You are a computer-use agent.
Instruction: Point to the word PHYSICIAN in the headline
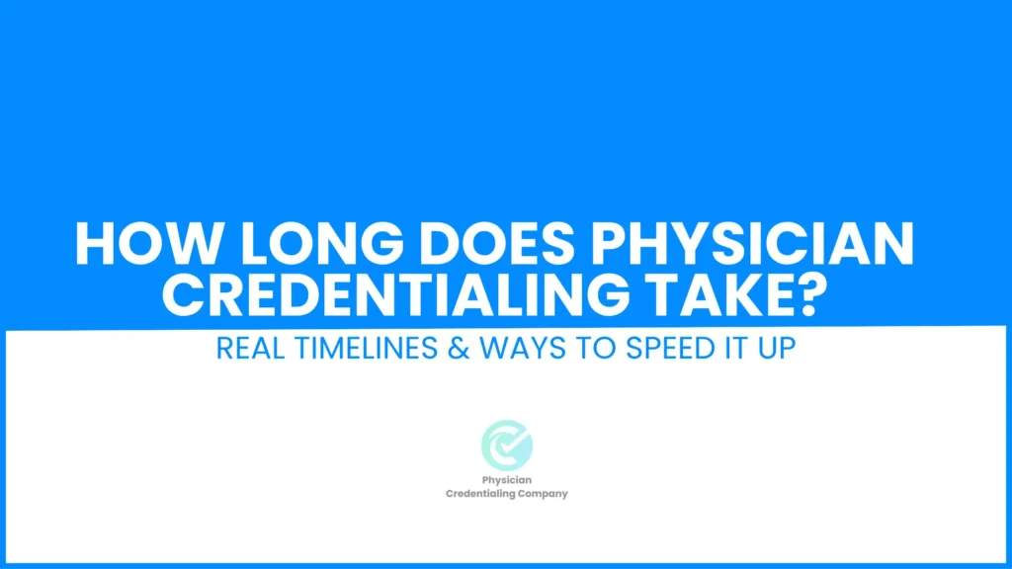(x=752, y=244)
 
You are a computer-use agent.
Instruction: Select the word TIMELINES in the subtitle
(x=366, y=349)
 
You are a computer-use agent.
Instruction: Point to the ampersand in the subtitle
(x=459, y=349)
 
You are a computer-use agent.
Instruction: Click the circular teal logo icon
(x=507, y=446)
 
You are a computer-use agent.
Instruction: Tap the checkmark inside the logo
(x=513, y=442)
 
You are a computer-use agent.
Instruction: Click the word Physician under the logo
(x=507, y=480)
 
